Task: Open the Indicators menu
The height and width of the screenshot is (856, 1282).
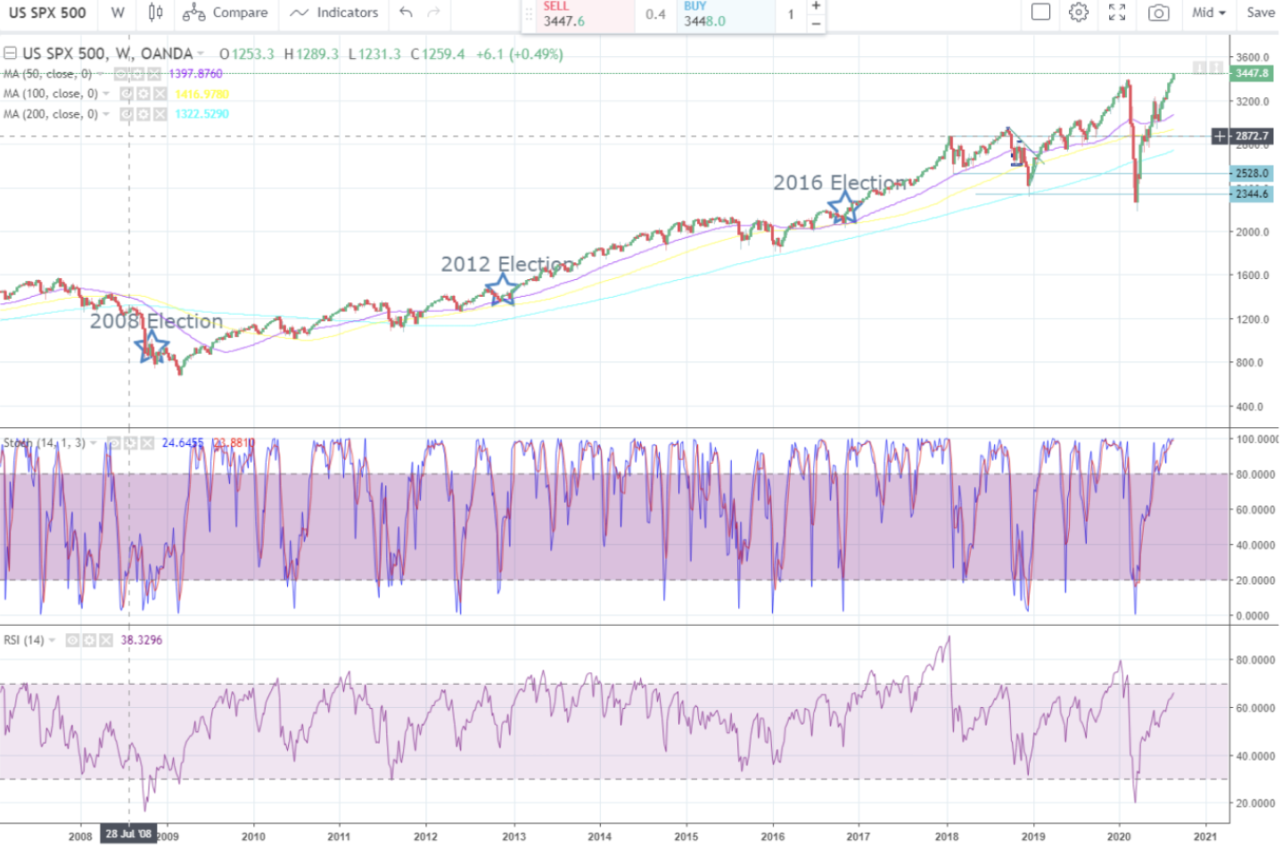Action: (x=334, y=12)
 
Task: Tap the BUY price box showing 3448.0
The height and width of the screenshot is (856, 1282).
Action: (x=724, y=15)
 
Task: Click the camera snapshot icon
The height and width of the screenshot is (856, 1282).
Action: (x=1158, y=12)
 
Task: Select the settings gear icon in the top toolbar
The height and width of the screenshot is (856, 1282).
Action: (x=1079, y=12)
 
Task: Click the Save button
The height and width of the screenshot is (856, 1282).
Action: (x=1260, y=12)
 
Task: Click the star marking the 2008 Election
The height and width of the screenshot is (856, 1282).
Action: (x=152, y=346)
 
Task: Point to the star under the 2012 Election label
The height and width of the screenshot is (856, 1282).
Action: (x=503, y=289)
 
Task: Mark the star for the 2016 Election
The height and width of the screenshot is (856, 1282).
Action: (x=844, y=207)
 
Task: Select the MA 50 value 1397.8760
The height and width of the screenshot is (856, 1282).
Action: (x=195, y=74)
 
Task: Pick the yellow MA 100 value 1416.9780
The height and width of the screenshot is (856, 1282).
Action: (x=201, y=94)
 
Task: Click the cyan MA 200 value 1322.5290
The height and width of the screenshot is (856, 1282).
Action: (x=201, y=114)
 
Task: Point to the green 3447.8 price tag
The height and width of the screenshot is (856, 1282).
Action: (x=1251, y=73)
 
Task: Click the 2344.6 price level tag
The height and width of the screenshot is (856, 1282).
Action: (x=1251, y=193)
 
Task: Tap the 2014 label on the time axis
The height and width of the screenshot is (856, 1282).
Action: (x=600, y=836)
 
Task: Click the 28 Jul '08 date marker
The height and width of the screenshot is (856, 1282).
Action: (x=128, y=834)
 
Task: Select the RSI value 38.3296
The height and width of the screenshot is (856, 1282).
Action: (x=142, y=640)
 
